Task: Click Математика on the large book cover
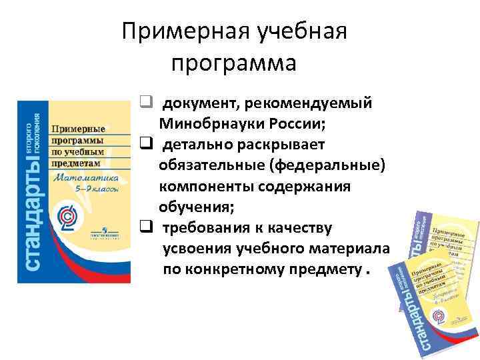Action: point(86,178)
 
